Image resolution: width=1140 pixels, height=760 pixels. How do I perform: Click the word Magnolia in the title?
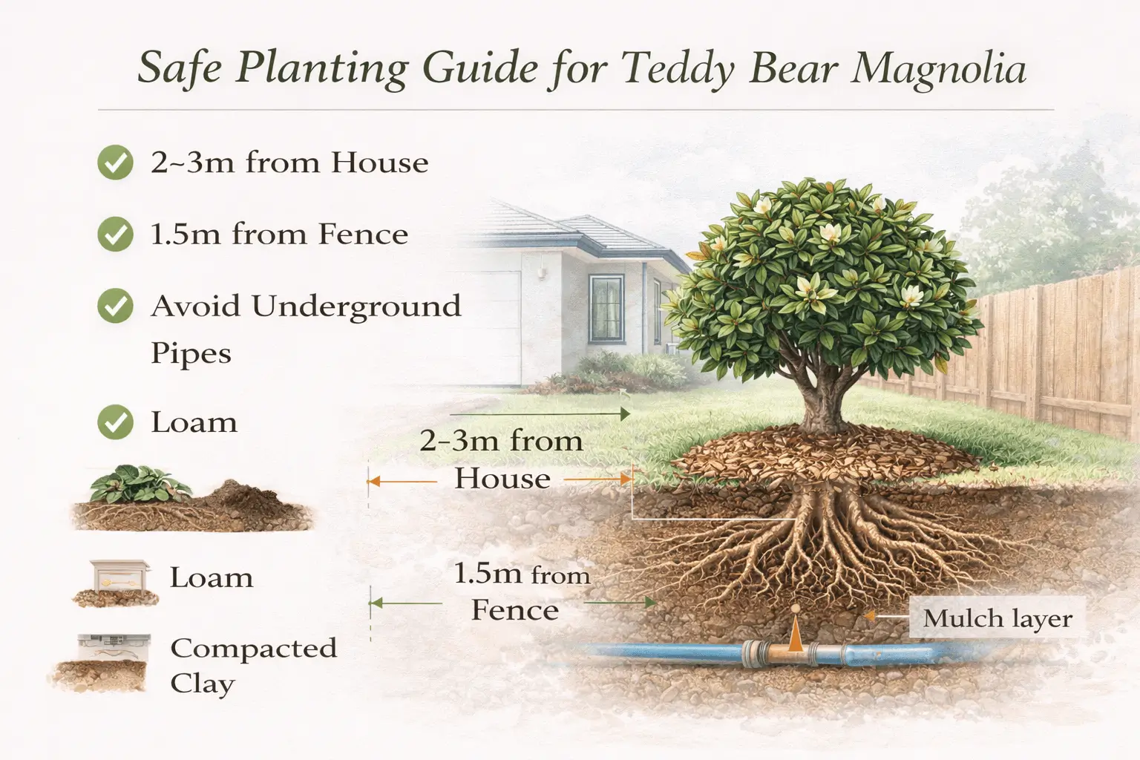[x=938, y=70]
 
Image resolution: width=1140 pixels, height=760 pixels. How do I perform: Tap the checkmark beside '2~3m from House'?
[x=115, y=163]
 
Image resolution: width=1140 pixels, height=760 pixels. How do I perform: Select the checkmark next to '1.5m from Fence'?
[x=115, y=235]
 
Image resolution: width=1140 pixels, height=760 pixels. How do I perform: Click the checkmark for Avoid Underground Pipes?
[x=115, y=306]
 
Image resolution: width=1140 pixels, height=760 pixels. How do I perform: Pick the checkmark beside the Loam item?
[x=115, y=422]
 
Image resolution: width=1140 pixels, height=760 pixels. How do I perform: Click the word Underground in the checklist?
[x=356, y=307]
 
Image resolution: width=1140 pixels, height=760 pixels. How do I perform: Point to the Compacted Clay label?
[x=252, y=665]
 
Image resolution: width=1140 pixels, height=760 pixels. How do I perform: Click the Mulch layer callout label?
[x=997, y=618]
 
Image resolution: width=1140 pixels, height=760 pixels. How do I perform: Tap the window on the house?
[x=606, y=308]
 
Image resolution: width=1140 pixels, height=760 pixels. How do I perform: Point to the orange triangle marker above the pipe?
[x=795, y=634]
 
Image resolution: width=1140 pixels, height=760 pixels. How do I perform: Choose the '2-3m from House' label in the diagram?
[x=502, y=459]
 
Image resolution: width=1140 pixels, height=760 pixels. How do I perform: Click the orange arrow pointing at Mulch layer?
[x=883, y=616]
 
